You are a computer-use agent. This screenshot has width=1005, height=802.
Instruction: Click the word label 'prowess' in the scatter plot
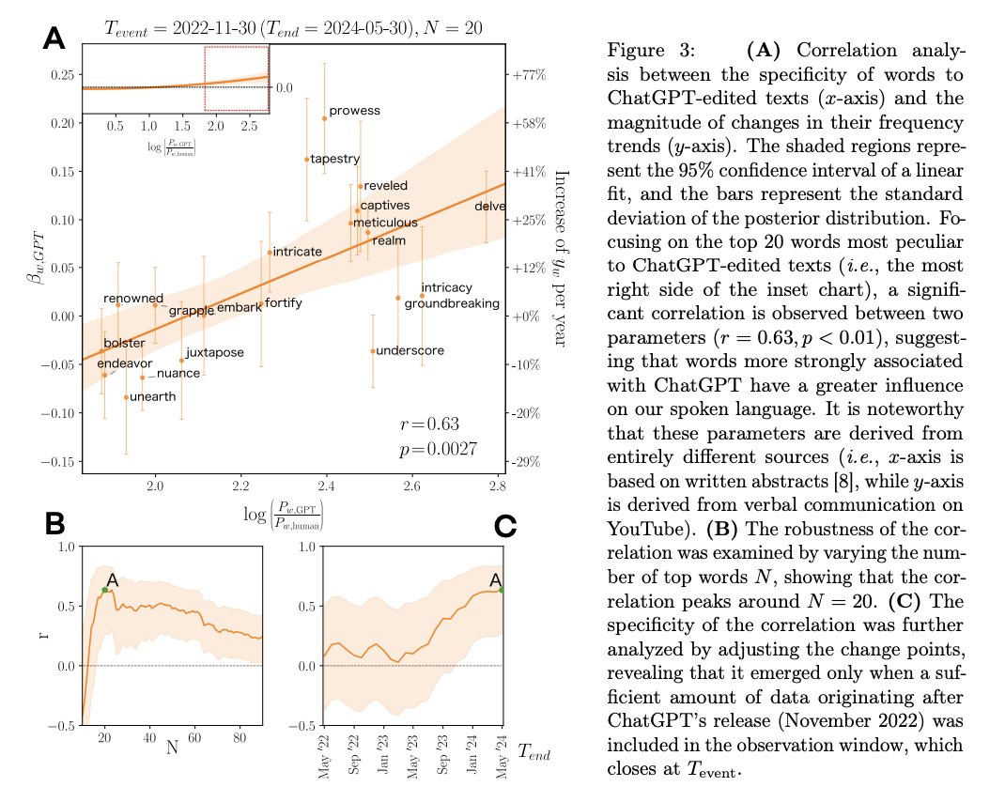point(354,111)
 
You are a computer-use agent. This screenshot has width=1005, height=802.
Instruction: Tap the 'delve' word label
point(489,207)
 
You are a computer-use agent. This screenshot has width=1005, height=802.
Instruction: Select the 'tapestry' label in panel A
point(334,160)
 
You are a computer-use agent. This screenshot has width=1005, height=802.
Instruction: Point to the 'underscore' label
point(410,351)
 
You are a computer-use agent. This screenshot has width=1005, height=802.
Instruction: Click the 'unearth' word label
point(151,397)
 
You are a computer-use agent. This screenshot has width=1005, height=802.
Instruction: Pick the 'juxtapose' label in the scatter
point(214,353)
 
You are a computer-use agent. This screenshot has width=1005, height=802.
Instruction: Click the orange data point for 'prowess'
point(325,118)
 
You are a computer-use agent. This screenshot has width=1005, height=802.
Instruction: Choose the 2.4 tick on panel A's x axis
point(326,486)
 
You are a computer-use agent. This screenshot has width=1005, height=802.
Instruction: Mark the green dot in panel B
point(104,590)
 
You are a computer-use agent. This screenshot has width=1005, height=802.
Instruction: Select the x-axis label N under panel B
point(172,748)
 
